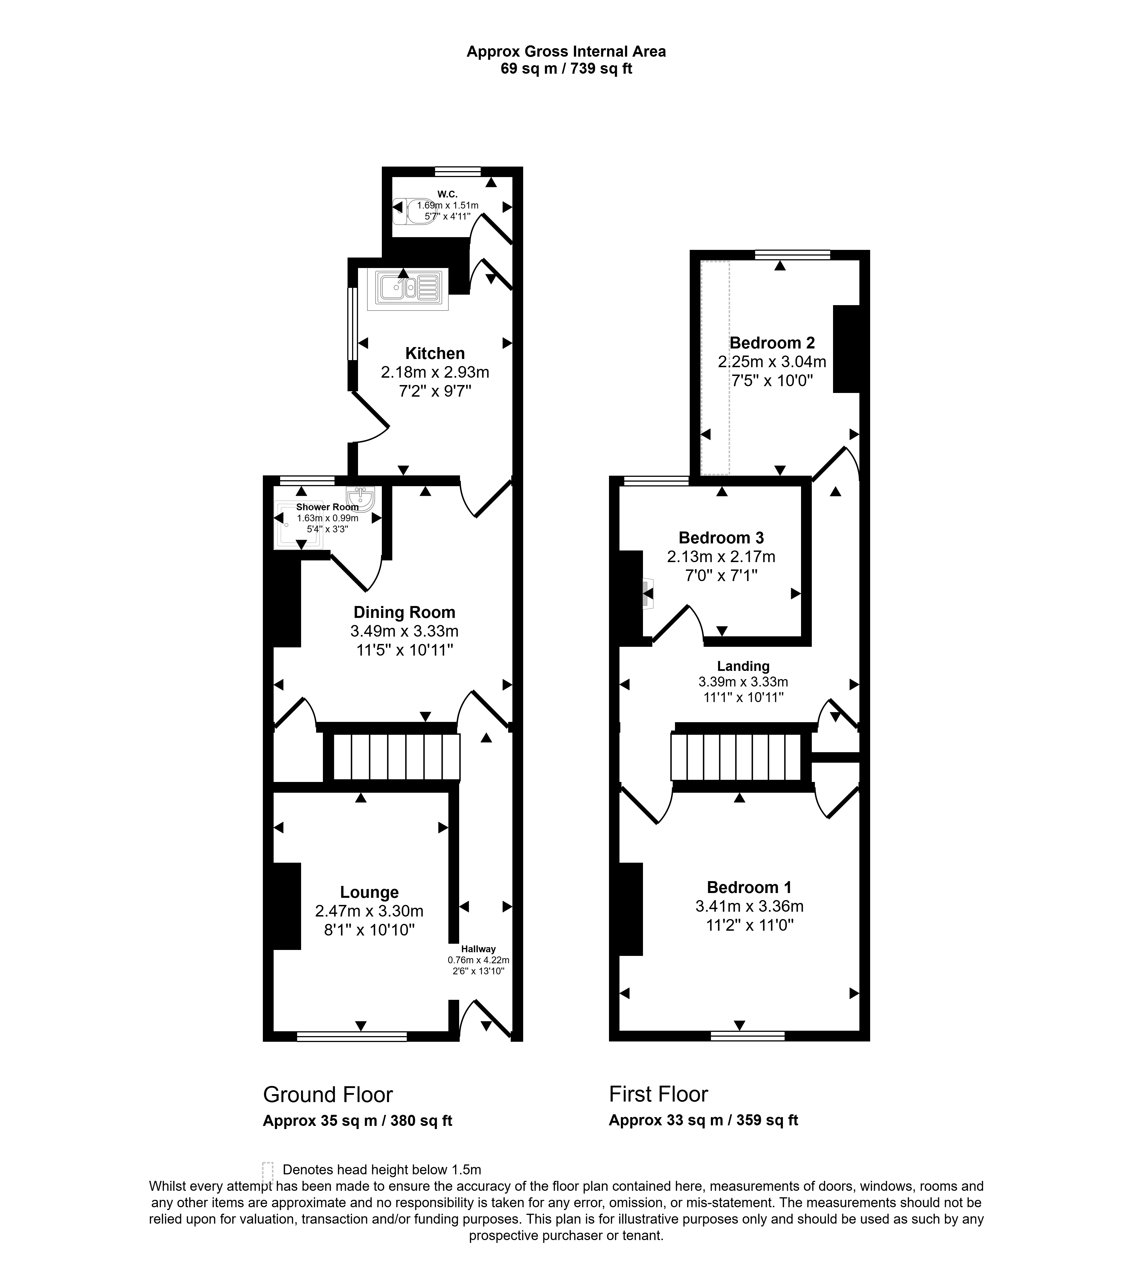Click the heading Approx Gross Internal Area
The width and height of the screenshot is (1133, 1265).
[x=566, y=52]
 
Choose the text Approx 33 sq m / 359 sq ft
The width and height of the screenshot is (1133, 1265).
[x=704, y=1121]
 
